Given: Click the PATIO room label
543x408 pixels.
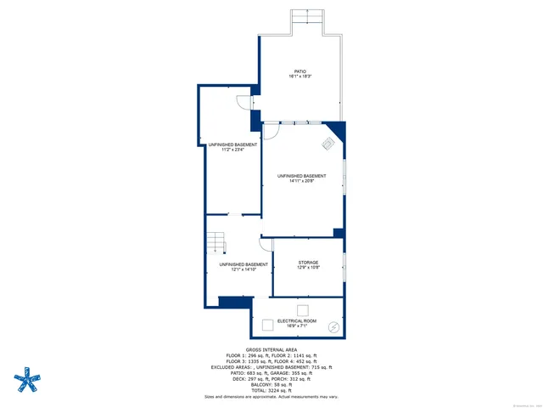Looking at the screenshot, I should (299, 71).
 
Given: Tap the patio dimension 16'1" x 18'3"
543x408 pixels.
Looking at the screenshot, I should (299, 76).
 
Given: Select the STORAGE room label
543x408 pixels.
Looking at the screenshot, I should (308, 263).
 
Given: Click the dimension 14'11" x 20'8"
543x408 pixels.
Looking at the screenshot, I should (301, 181).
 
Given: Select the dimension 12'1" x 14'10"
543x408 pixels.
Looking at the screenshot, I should (244, 269).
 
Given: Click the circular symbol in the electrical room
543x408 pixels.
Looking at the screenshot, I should (333, 325).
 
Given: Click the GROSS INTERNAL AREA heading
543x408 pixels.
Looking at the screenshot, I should (271, 349).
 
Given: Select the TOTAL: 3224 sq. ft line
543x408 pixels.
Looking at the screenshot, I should (271, 389).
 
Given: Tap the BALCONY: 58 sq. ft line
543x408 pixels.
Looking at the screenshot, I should (271, 383).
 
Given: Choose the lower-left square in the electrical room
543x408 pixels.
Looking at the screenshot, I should (267, 324).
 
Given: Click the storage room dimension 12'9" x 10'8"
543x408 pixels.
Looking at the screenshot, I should (308, 268).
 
